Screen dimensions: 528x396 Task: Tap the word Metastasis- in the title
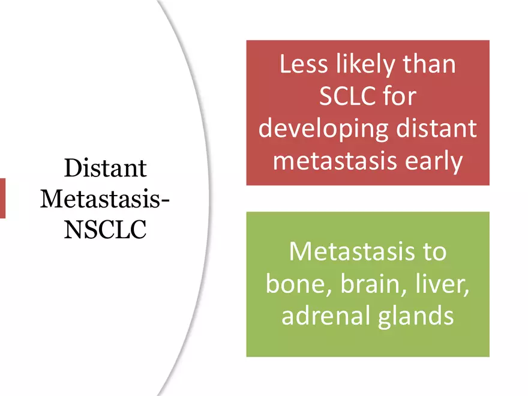coord(105,199)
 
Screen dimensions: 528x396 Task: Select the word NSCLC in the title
coord(105,230)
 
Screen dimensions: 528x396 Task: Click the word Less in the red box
coord(304,64)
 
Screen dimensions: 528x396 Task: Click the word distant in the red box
coord(437,128)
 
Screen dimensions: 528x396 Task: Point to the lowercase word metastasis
coord(335,161)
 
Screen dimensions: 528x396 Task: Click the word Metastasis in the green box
coord(352,251)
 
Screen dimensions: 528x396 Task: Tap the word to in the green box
coord(435,251)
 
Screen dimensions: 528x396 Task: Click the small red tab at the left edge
coord(2,199)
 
